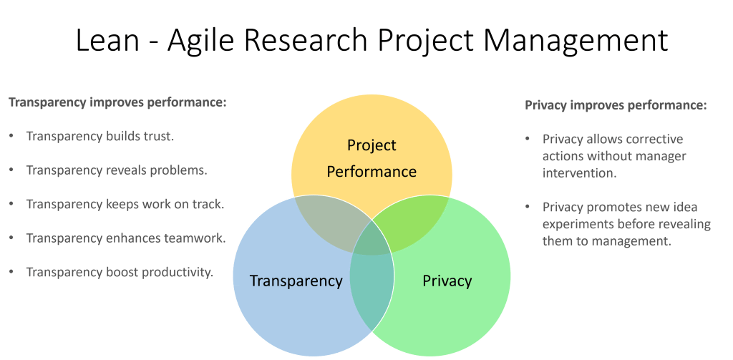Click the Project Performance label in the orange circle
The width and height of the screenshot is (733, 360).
[372, 158]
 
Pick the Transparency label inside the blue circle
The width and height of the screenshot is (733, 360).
[296, 280]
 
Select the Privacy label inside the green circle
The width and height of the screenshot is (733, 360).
[447, 280]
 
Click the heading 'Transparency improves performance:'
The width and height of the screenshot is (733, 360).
[117, 102]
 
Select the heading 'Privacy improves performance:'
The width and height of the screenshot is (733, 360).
[616, 105]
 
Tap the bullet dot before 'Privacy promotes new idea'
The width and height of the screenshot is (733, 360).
[528, 208]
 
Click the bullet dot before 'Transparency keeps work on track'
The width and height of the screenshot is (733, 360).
[11, 205]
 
